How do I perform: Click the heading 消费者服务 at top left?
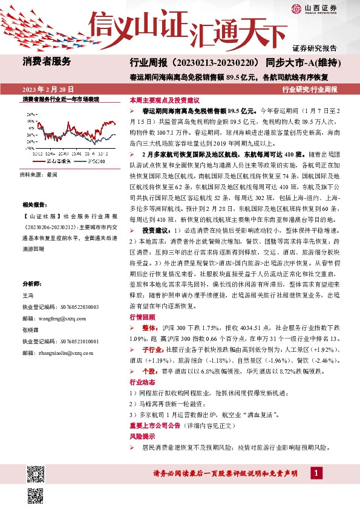pos(47,61)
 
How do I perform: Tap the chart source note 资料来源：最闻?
pos(39,174)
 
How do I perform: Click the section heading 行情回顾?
pos(139,317)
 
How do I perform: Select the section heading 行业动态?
pos(139,383)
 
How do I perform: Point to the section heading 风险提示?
pos(139,436)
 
